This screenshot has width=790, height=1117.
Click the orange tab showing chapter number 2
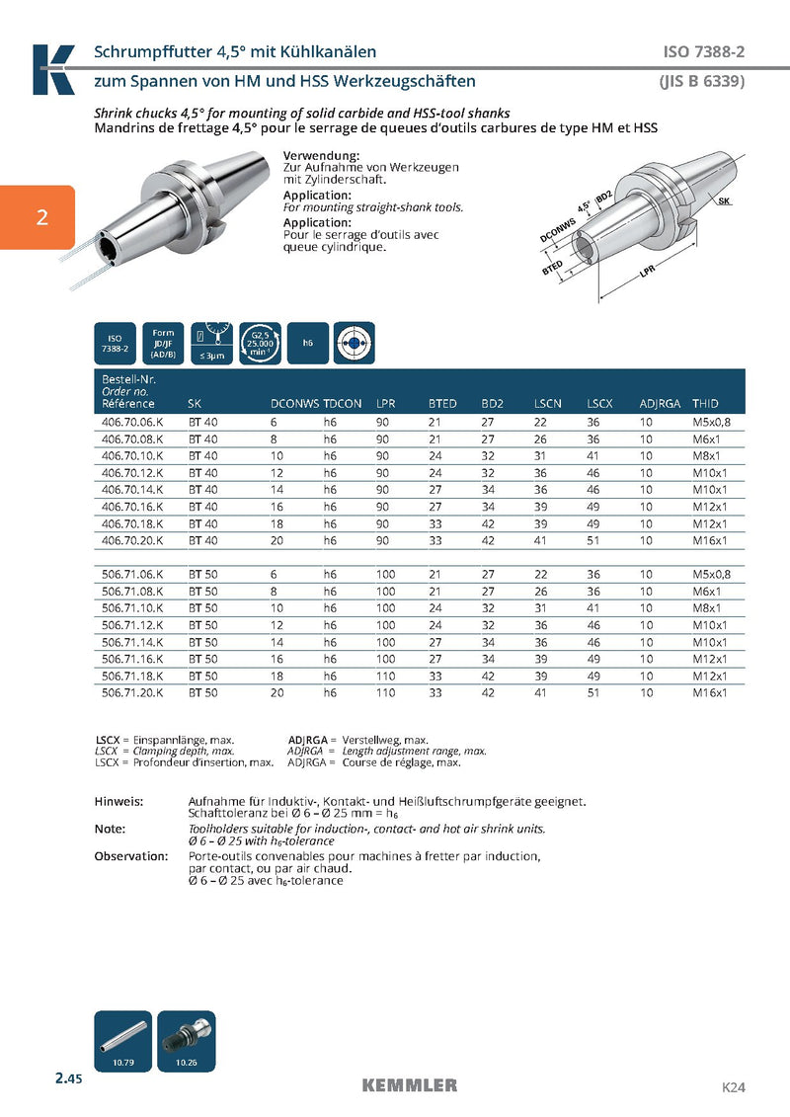click(x=37, y=217)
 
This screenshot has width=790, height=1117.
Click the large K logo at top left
click(x=53, y=68)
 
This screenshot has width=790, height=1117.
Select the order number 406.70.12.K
click(x=132, y=473)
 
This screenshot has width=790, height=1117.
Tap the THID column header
click(x=705, y=404)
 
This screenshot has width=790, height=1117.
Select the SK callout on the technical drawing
click(x=725, y=200)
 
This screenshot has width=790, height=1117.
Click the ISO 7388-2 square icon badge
click(x=115, y=344)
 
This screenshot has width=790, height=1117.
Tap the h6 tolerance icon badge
click(x=308, y=344)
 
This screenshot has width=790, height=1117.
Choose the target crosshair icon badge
click(x=355, y=344)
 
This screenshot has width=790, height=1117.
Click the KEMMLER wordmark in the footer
click(x=410, y=1085)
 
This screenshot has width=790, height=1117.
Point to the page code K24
click(x=733, y=1087)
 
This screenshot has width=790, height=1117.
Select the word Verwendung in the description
click(x=321, y=156)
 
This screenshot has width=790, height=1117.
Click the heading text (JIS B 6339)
click(x=701, y=81)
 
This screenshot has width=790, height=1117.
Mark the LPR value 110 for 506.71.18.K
click(x=385, y=677)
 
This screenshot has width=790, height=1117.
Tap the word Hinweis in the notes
click(x=118, y=801)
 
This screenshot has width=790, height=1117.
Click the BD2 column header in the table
click(x=492, y=404)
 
